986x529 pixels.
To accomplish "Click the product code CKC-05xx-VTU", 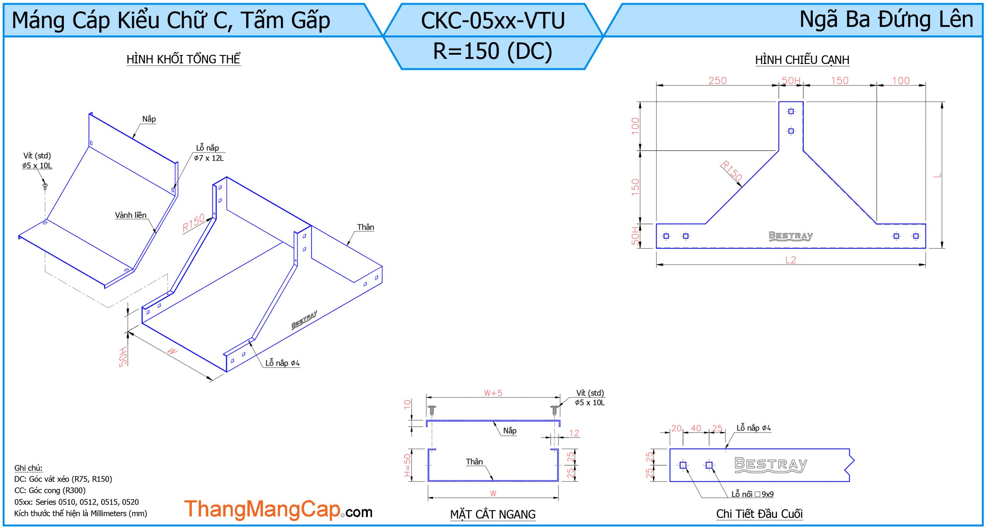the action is [493, 20].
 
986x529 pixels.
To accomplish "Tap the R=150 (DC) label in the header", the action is [493, 51].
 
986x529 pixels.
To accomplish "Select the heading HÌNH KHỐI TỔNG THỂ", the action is [183, 59].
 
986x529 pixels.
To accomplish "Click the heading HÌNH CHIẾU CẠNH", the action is [802, 60].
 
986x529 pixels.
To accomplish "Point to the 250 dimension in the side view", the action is [717, 81].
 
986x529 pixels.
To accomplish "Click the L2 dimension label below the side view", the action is [790, 260].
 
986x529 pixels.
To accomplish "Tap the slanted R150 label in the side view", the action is [731, 171].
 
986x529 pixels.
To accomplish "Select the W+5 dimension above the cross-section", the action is [493, 393].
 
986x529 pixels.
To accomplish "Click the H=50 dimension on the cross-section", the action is [407, 465].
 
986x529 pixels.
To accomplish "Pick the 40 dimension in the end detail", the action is [696, 428].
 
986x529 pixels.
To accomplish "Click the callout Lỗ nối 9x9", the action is [752, 494].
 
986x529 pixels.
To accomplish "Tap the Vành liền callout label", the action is [131, 215].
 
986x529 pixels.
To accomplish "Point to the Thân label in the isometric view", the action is [366, 227].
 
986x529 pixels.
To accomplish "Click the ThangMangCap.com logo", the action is [278, 509].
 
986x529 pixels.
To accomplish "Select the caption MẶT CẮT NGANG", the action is [493, 514].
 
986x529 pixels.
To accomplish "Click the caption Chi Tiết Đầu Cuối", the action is [759, 514].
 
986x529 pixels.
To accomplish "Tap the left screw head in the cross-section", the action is [432, 407].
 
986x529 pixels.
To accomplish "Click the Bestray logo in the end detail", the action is [771, 464].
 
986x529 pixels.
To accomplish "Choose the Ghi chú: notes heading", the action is [29, 468].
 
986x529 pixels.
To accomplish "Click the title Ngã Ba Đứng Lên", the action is [886, 19].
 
